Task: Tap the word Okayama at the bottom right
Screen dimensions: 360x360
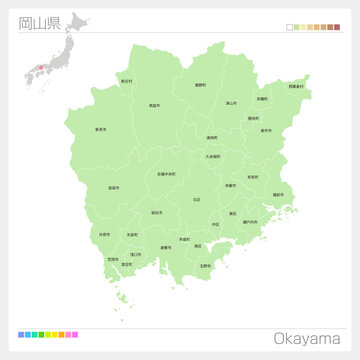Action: click(x=308, y=337)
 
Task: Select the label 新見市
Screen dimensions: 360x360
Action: click(x=101, y=129)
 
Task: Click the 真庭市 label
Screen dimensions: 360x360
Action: click(x=154, y=104)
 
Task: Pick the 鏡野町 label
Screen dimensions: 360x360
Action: click(x=201, y=85)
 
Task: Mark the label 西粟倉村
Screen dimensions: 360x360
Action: click(x=296, y=87)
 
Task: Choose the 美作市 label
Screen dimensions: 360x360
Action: click(x=266, y=130)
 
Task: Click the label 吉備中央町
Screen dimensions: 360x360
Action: click(x=166, y=174)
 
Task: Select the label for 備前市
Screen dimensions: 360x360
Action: click(x=278, y=194)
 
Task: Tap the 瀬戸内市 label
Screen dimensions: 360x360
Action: click(x=249, y=222)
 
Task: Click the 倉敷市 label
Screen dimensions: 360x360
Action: click(x=165, y=247)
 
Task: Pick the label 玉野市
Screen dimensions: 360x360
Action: click(x=205, y=265)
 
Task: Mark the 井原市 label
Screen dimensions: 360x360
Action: click(x=104, y=235)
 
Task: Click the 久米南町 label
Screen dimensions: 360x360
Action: click(x=213, y=156)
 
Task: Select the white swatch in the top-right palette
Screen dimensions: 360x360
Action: click(x=289, y=27)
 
